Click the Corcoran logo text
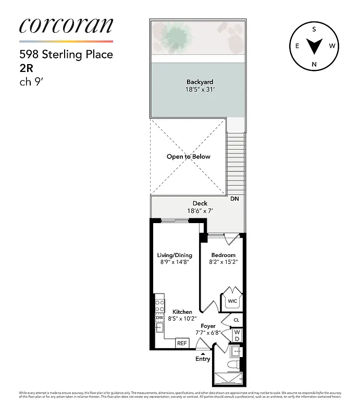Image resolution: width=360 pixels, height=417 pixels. [66, 26]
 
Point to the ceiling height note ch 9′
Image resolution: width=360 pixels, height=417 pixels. [29, 80]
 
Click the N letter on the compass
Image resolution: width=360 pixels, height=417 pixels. [314, 64]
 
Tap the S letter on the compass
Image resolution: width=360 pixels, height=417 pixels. [314, 29]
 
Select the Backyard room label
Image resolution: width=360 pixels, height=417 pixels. [200, 82]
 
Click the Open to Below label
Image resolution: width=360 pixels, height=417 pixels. [188, 156]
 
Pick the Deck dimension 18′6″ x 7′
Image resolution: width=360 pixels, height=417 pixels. [200, 211]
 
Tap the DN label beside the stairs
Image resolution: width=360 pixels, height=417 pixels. [234, 199]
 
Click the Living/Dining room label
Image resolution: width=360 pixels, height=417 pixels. [175, 255]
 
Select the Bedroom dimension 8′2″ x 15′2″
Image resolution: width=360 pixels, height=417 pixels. [223, 263]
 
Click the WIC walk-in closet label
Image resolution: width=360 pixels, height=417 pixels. [231, 301]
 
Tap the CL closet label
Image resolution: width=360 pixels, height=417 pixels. [236, 320]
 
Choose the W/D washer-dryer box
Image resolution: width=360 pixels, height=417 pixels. [237, 335]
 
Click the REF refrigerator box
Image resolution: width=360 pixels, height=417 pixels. [181, 343]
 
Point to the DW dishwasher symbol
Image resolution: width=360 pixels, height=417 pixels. [159, 318]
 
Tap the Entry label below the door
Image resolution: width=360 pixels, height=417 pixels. [203, 359]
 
